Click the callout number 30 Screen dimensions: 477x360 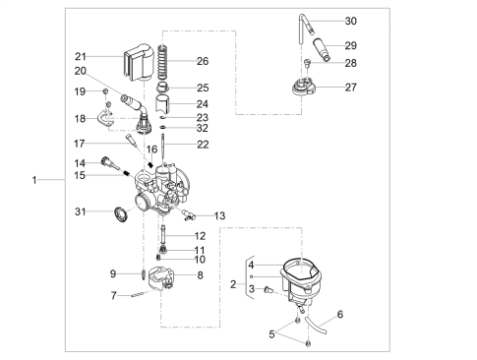point(350,21)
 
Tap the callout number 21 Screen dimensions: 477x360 point(81,57)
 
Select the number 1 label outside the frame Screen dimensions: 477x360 point(34,180)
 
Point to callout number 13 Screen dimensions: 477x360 point(219,215)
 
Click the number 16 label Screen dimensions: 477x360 point(151,150)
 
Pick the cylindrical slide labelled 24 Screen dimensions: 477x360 point(163,104)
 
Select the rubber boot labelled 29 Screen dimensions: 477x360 point(322,50)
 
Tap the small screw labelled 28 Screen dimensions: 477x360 point(307,62)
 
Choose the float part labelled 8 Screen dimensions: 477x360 point(160,279)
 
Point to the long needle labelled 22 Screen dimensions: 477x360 point(163,150)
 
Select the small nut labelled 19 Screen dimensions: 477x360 point(105,91)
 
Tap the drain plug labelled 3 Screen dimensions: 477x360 point(268,289)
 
